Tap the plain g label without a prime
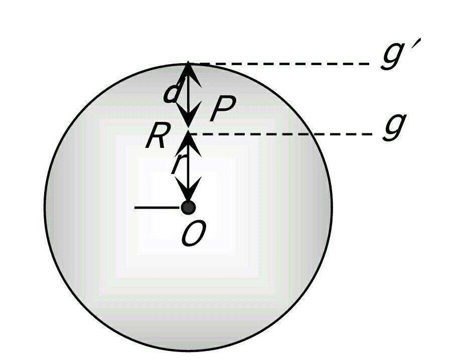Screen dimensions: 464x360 coord(394,127)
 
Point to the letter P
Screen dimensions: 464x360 coord(223,108)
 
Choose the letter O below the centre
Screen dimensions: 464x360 coord(193,234)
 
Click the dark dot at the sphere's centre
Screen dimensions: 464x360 coord(188,208)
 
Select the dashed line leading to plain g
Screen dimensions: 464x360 coord(281,134)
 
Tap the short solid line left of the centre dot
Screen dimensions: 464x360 coord(157,208)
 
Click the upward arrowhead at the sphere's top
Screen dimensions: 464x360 coord(188,74)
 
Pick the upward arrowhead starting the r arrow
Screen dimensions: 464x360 coord(188,144)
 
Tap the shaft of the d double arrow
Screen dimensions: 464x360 coord(188,95)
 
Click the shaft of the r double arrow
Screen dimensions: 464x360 coord(188,166)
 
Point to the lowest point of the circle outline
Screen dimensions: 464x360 coord(188,350)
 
